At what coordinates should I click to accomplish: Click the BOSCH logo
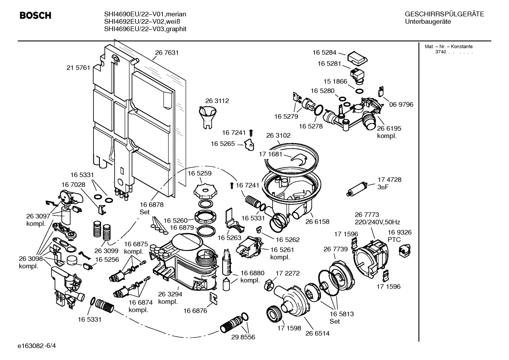tap(35, 16)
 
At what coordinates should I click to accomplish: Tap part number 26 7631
tap(167, 53)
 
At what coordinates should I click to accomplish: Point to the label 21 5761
tap(78, 67)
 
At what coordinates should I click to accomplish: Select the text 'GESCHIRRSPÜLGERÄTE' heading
tap(444, 14)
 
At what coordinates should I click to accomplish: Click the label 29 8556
tap(243, 337)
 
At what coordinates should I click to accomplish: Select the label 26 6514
tap(317, 333)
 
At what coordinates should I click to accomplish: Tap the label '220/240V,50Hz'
tap(377, 222)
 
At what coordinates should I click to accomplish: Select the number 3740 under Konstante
tap(440, 52)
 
